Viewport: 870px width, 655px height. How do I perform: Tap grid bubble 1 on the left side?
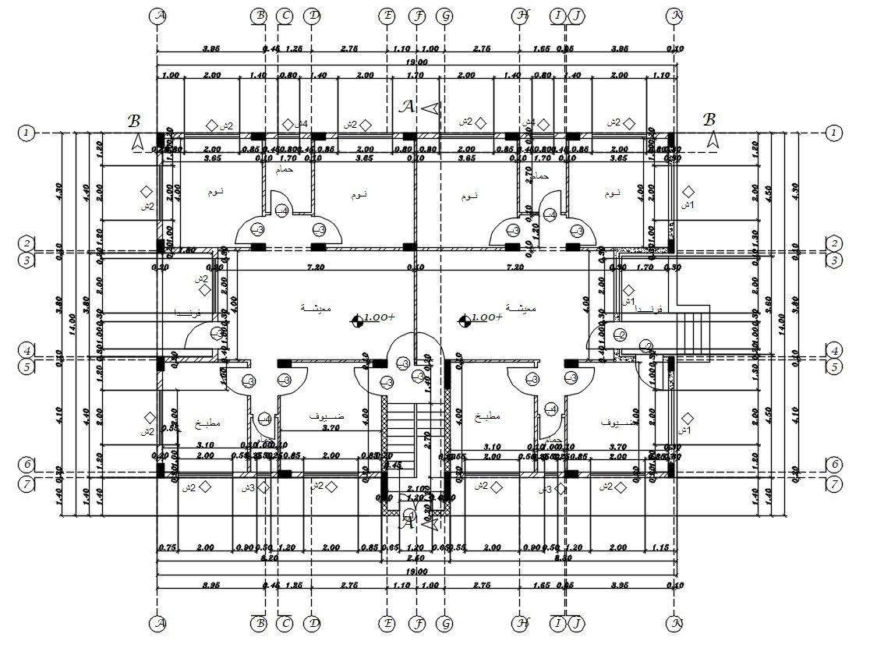click(x=27, y=133)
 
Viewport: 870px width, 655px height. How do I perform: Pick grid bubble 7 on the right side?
click(x=835, y=483)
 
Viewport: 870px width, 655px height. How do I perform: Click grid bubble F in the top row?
click(x=418, y=16)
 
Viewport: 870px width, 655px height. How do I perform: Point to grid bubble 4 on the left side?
click(x=27, y=350)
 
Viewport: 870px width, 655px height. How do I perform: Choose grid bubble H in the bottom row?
click(x=521, y=624)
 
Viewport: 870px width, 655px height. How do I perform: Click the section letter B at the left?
click(x=135, y=121)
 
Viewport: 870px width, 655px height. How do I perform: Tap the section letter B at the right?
click(x=709, y=120)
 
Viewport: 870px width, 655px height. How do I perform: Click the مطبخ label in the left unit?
click(x=208, y=423)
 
